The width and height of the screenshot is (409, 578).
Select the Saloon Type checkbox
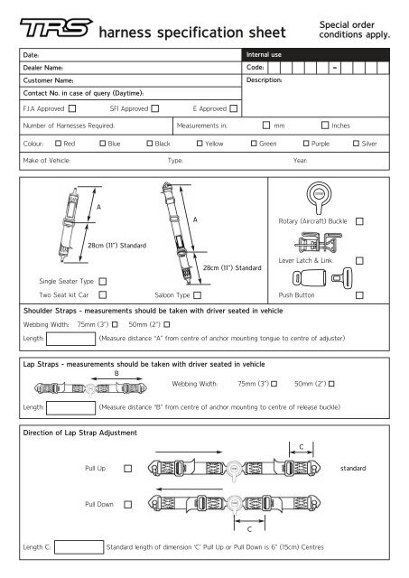pyautogui.click(x=198, y=295)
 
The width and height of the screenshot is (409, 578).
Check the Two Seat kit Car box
pyautogui.click(x=102, y=294)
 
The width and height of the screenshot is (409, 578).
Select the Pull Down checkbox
pyautogui.click(x=127, y=505)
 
